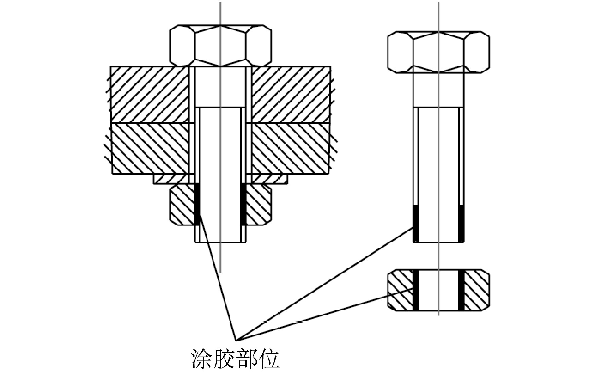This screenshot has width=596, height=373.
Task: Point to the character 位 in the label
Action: click(x=269, y=359)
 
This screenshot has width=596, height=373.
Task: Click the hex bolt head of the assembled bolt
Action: click(x=221, y=45)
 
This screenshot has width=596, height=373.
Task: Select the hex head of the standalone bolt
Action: click(x=439, y=52)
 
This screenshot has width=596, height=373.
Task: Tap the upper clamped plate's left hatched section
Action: click(x=150, y=95)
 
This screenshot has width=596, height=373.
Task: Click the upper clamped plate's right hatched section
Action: click(x=291, y=95)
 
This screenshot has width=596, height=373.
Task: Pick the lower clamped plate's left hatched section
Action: click(x=150, y=148)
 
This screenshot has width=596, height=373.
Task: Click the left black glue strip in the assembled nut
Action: click(x=198, y=204)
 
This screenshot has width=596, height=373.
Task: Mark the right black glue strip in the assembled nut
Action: click(x=243, y=204)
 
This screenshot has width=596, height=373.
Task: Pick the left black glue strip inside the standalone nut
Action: click(x=416, y=290)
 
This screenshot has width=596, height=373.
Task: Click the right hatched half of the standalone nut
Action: click(x=477, y=290)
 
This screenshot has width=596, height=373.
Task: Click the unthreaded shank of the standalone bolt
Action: click(x=439, y=90)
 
